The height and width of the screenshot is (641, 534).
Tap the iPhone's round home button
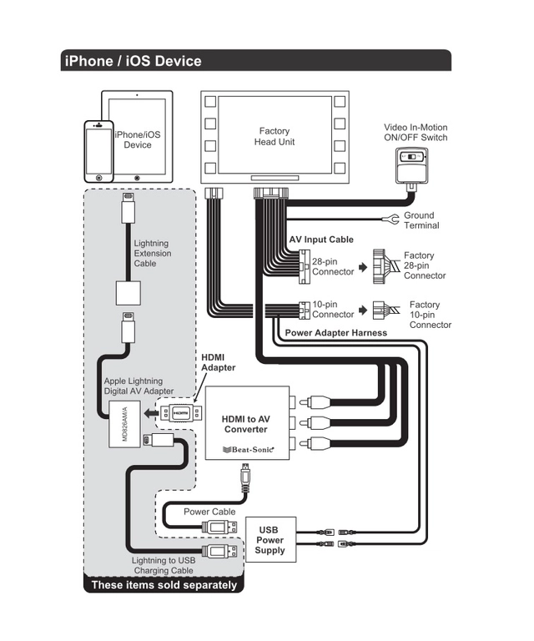[x=98, y=177]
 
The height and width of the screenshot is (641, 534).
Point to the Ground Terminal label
[x=421, y=220]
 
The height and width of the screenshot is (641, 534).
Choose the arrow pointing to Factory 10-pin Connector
[x=364, y=309]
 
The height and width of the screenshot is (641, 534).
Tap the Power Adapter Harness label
[x=335, y=332]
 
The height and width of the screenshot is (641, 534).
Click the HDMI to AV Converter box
[x=248, y=423]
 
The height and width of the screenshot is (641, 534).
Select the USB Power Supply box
[x=270, y=540]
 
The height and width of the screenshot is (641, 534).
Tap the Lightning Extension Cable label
[x=153, y=253]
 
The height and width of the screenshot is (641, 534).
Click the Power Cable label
[x=209, y=512]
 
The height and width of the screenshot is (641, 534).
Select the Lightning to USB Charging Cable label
[x=164, y=565]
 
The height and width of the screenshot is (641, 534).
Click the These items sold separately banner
[x=164, y=585]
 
